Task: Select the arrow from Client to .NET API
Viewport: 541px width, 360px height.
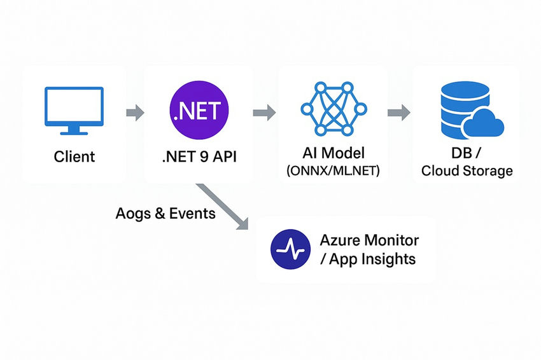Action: pyautogui.click(x=135, y=114)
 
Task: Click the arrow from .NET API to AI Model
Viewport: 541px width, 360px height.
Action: pyautogui.click(x=263, y=113)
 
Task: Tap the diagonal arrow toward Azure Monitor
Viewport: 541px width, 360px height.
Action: pyautogui.click(x=223, y=207)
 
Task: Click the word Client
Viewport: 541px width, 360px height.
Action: pyautogui.click(x=74, y=156)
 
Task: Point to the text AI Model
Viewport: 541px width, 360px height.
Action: pyautogui.click(x=333, y=155)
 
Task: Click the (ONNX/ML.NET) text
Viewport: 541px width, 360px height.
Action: pyautogui.click(x=333, y=171)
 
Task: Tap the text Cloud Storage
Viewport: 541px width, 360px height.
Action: pyautogui.click(x=467, y=170)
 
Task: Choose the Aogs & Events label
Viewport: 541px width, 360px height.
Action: pyautogui.click(x=165, y=213)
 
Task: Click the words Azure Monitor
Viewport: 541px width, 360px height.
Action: pyautogui.click(x=369, y=240)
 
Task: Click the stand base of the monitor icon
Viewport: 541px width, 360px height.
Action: pyautogui.click(x=74, y=132)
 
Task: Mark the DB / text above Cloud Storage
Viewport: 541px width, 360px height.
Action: pyautogui.click(x=467, y=155)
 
